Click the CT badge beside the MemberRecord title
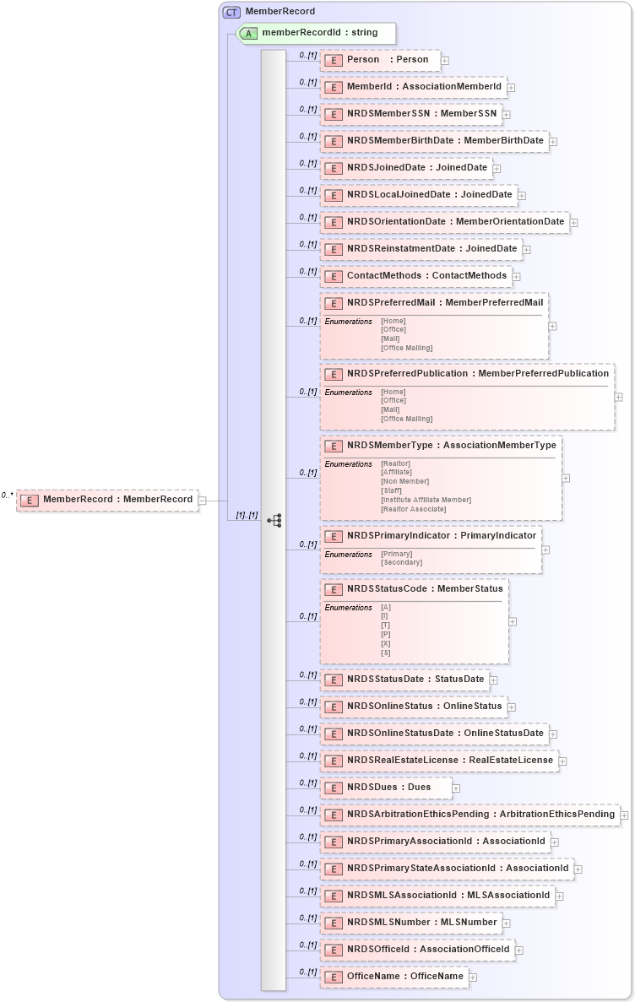(x=231, y=12)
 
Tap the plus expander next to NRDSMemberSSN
(x=507, y=114)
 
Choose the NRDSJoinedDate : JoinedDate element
(x=406, y=168)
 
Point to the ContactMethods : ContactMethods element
(x=416, y=276)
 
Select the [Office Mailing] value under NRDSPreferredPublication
(x=406, y=419)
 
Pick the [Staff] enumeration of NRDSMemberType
(x=392, y=490)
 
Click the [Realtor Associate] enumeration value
(x=414, y=509)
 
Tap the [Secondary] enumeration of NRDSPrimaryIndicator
(x=402, y=562)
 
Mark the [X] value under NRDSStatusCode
(x=386, y=643)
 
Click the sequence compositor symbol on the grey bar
(x=274, y=521)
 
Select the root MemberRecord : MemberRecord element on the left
(x=108, y=500)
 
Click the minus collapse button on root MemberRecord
(x=203, y=500)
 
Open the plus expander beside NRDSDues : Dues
(x=456, y=788)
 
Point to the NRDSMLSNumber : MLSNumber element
(x=410, y=923)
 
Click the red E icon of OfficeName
(x=334, y=977)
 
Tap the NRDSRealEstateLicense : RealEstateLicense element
(x=438, y=761)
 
